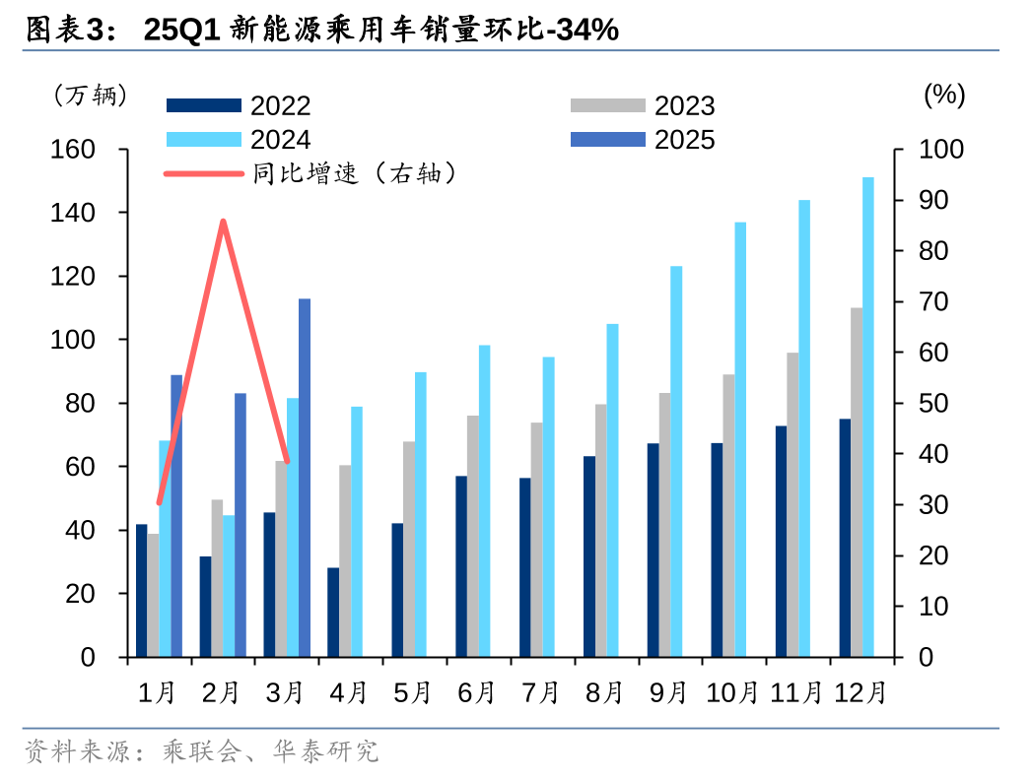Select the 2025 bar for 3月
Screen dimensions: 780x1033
point(305,478)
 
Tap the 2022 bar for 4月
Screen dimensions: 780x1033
point(333,612)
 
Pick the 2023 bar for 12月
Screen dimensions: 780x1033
point(857,483)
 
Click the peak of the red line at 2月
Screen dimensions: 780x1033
point(224,222)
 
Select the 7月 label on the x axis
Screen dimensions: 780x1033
point(540,692)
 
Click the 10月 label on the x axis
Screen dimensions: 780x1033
point(732,692)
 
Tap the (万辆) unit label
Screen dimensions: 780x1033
point(90,95)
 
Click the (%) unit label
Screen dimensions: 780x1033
point(943,95)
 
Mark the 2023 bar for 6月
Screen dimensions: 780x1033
point(473,536)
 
